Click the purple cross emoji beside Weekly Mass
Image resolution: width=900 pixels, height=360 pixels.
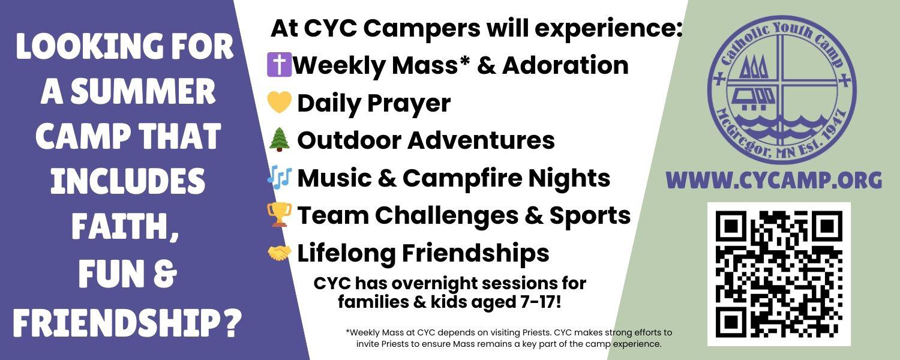[279, 65]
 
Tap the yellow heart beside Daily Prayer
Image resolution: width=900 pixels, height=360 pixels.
[279, 103]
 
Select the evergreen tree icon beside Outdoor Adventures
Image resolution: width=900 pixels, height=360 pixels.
[279, 140]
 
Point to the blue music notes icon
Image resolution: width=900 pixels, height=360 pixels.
[279, 177]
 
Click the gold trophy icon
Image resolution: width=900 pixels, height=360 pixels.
[279, 215]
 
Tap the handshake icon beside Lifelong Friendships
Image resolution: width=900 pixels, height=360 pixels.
[279, 253]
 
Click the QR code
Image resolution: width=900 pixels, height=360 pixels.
[779, 274]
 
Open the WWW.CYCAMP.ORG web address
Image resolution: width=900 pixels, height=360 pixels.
[774, 181]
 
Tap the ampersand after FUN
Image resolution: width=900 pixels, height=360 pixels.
[165, 275]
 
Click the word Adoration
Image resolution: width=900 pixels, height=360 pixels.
[565, 65]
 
